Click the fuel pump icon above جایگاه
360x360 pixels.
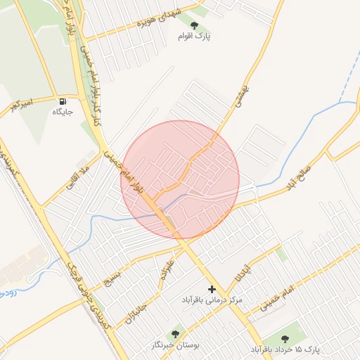click(63, 101)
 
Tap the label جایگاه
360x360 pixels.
click(63, 112)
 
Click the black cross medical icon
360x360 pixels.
click(212, 289)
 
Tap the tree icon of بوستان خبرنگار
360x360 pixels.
click(175, 335)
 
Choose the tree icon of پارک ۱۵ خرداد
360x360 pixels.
click(284, 339)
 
